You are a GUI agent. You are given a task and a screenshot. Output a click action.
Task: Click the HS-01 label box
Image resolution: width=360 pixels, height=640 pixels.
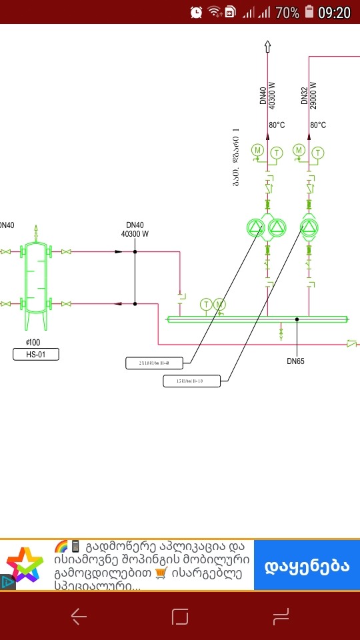point(36,355)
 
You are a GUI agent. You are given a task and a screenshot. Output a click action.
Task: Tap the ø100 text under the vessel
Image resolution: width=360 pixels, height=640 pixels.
point(33,342)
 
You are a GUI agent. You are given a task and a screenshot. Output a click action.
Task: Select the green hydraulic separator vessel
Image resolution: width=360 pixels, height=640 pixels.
point(35,278)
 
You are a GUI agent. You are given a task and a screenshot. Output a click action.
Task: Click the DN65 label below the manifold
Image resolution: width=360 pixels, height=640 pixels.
point(295,361)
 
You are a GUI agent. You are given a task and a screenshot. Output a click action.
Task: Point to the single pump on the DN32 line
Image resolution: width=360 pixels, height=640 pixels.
point(309,228)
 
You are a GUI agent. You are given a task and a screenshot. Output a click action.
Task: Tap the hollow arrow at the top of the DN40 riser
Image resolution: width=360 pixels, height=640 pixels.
point(267,46)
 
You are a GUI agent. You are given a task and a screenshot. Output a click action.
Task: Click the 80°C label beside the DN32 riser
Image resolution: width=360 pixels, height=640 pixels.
point(318,125)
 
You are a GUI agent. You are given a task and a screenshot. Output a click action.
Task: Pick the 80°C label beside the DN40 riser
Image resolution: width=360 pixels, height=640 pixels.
point(277,125)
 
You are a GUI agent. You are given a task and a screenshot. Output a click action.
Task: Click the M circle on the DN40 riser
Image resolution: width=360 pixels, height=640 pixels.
point(257,151)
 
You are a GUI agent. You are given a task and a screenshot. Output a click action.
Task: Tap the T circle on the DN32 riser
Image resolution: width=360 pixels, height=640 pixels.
point(318,153)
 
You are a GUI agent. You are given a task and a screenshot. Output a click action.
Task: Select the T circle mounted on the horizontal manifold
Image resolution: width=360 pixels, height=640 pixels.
point(207,305)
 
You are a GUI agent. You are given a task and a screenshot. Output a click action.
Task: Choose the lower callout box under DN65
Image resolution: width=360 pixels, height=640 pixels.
point(191,381)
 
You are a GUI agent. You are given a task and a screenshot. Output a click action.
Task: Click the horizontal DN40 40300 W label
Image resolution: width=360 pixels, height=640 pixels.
point(135,230)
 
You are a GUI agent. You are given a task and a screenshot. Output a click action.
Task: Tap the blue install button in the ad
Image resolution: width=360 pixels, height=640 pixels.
point(307,566)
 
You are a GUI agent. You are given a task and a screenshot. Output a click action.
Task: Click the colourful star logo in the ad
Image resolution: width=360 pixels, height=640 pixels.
point(26,566)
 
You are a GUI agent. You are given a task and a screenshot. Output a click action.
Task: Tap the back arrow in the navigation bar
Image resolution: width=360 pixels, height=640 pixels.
point(79,617)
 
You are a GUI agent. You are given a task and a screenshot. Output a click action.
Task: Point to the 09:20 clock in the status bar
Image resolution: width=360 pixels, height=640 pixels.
point(334,12)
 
